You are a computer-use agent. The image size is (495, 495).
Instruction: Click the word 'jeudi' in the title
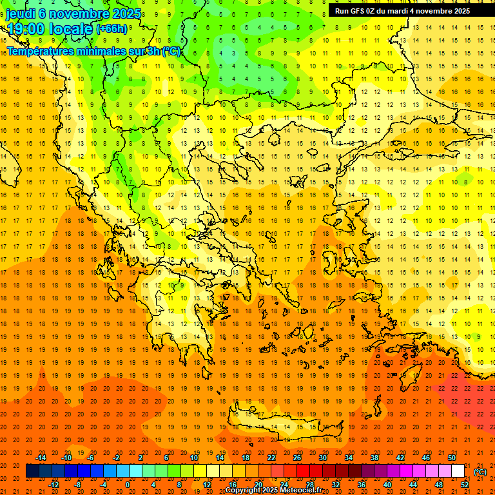pos(21,13)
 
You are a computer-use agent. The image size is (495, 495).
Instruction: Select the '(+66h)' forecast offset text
pos(112,29)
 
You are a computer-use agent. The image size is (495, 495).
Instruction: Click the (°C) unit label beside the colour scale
pos(480,472)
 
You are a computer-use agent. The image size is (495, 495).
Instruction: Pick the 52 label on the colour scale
pos(465,485)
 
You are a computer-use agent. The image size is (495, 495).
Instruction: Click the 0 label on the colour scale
pos(128,485)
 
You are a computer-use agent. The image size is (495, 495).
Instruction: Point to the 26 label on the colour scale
pos(298,458)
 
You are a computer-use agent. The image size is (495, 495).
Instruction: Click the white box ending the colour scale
pos(458,471)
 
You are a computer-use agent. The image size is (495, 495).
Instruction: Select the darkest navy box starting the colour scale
pos(32,471)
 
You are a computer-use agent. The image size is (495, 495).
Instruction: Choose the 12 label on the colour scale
pos(207,485)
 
